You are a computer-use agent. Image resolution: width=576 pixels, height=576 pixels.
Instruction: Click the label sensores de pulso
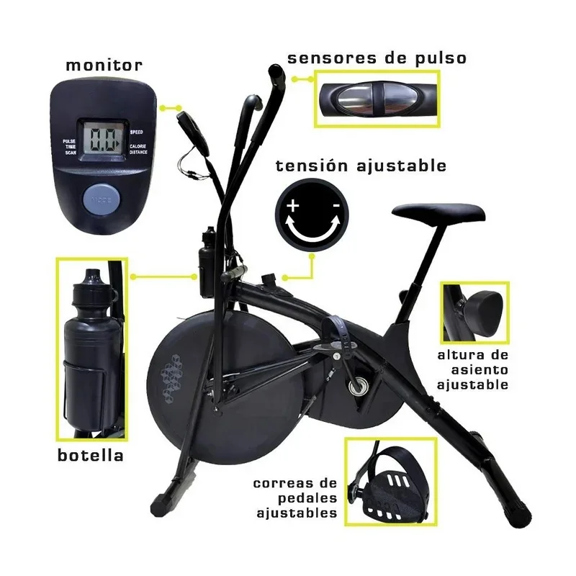tap(377, 58)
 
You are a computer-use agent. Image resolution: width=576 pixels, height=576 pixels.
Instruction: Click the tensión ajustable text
tap(361, 166)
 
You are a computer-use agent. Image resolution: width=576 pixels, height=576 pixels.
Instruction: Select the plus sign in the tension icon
tap(293, 207)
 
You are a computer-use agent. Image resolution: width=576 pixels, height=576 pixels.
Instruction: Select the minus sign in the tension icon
tap(336, 207)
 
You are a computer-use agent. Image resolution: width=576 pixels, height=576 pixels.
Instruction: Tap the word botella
tap(90, 455)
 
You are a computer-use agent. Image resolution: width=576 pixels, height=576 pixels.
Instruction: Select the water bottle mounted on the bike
tap(207, 263)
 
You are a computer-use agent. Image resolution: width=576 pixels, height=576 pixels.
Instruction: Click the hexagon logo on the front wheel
tap(173, 374)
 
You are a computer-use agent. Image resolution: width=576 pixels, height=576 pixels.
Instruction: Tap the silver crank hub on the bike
tap(358, 387)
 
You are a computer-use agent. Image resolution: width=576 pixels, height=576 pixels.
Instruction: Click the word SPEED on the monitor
tap(137, 132)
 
